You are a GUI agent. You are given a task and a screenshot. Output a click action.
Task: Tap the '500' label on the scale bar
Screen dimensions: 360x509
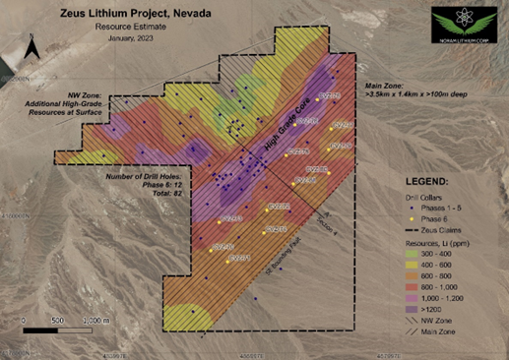(57, 322)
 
